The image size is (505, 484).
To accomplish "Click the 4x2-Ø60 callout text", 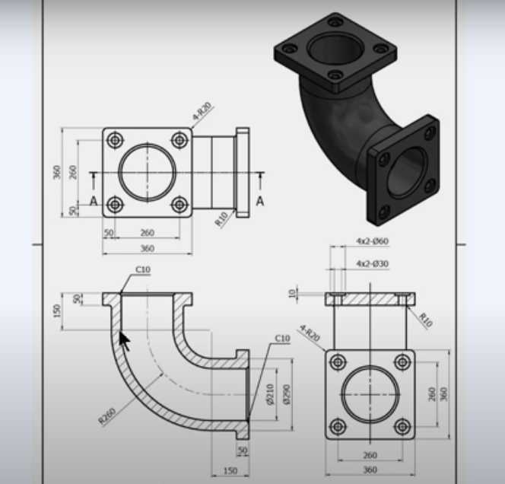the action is click(x=372, y=241).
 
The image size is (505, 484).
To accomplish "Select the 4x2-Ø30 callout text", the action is click(x=372, y=263).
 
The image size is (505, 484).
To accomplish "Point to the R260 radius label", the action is click(x=107, y=416).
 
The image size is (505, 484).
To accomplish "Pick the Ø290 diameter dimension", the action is click(x=286, y=394).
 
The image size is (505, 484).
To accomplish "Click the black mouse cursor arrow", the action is click(x=125, y=341).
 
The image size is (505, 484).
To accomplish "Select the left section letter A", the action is click(x=94, y=201).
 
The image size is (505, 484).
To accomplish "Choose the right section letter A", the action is click(x=260, y=201).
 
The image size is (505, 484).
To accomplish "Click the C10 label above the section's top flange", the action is click(x=143, y=269).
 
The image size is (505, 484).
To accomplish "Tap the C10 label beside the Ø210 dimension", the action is click(x=282, y=339).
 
